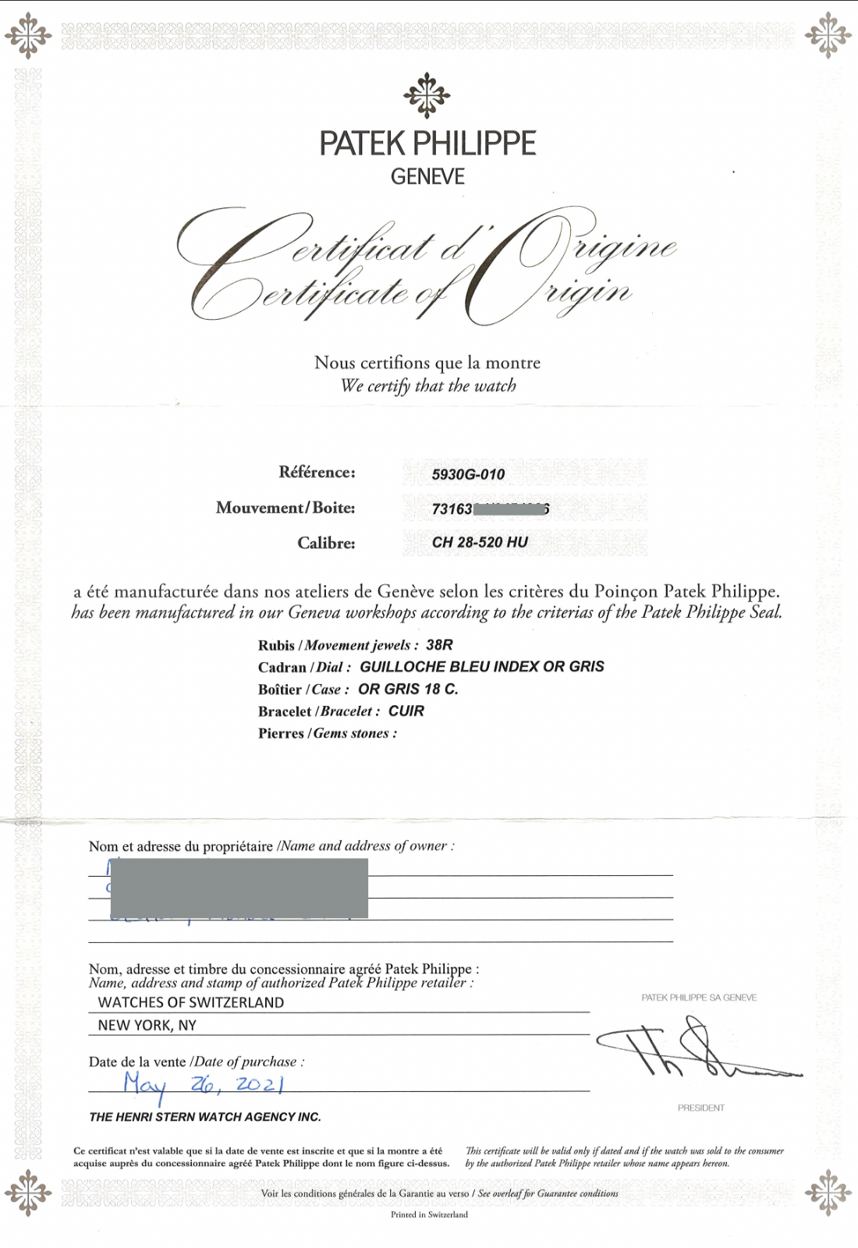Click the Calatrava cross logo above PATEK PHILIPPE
click(427, 96)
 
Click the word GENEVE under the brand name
click(427, 177)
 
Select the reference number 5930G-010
click(468, 474)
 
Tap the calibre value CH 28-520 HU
click(480, 542)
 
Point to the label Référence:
click(317, 472)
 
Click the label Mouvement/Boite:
click(285, 508)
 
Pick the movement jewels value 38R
click(439, 645)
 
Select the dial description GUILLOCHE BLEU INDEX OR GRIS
click(481, 667)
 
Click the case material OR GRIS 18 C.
click(408, 689)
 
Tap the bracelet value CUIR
click(406, 711)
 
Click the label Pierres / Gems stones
click(328, 733)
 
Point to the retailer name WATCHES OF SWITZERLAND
click(191, 1002)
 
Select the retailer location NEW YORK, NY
click(147, 1025)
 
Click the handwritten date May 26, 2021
click(203, 1083)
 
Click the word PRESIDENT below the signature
click(700, 1108)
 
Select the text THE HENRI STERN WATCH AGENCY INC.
click(205, 1117)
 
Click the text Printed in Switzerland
click(429, 1214)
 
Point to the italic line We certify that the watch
click(428, 386)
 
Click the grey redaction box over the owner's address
click(239, 888)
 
